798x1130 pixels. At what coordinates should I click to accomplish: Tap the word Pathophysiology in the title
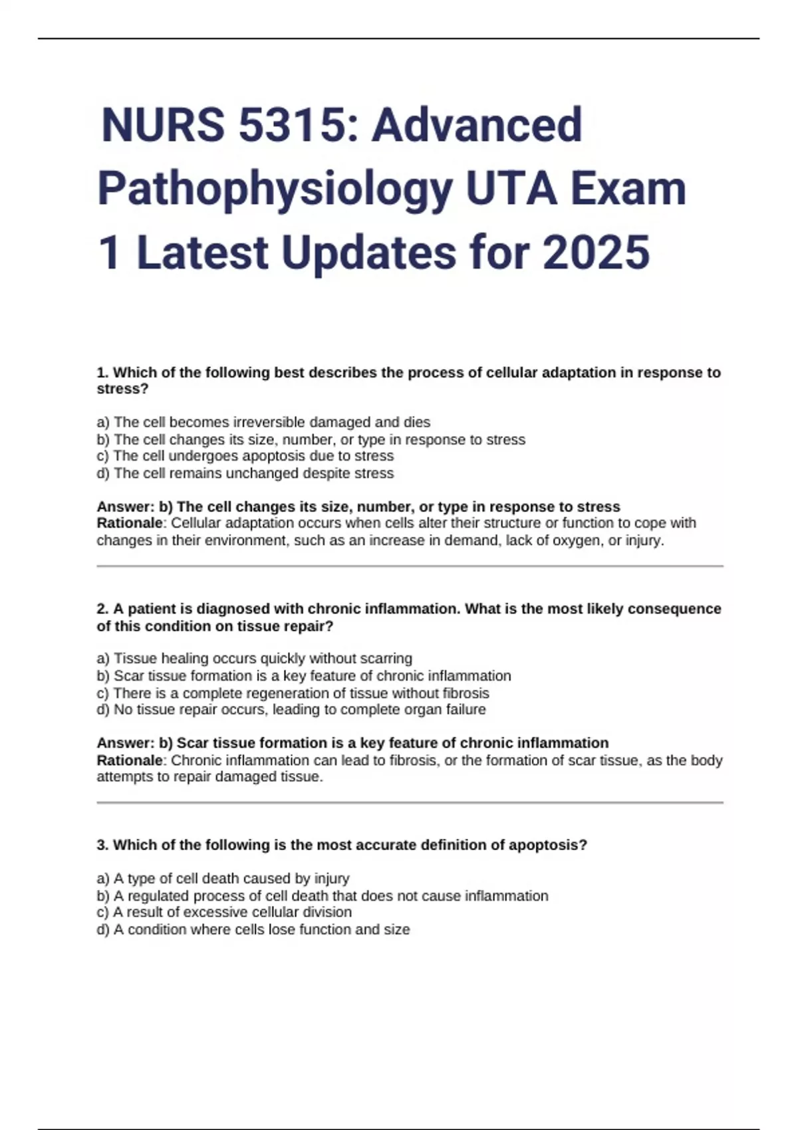coord(272,189)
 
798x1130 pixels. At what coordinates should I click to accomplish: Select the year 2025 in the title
coord(596,253)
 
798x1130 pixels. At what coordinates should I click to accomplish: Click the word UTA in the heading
coord(511,189)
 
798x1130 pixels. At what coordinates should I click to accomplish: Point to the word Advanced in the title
coord(476,125)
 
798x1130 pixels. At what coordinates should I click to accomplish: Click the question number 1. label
coord(102,373)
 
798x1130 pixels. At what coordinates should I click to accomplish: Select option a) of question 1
coord(263,422)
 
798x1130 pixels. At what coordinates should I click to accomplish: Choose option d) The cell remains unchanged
coord(245,473)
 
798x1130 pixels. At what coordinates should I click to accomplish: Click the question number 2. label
coord(102,609)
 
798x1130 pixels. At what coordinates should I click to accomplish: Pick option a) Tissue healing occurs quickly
coord(254,658)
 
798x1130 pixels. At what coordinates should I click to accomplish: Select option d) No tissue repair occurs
coord(291,709)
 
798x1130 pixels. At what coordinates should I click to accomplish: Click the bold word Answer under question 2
coord(124,742)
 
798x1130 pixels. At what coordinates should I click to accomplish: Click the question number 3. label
coord(102,845)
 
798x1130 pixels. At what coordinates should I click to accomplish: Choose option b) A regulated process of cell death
coord(322,895)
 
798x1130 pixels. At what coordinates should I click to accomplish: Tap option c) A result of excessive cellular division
coord(224,912)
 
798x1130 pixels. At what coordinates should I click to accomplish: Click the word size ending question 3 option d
coord(397,929)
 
